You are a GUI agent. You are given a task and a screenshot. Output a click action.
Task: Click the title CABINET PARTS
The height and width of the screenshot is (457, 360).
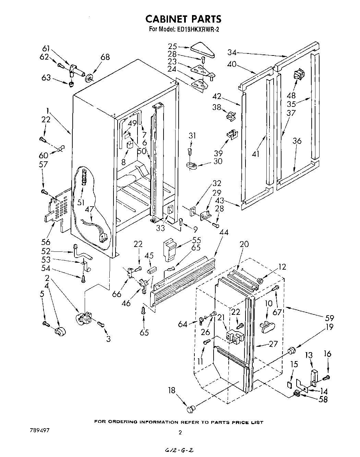click(x=183, y=18)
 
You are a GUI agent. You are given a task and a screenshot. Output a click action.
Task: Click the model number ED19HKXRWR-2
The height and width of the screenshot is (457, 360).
click(x=199, y=29)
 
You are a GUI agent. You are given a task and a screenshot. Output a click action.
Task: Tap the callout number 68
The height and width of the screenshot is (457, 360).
click(x=105, y=57)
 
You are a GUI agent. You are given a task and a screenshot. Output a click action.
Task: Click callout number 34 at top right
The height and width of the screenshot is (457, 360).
click(x=232, y=52)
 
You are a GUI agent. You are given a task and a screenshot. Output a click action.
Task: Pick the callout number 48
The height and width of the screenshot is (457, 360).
click(x=291, y=96)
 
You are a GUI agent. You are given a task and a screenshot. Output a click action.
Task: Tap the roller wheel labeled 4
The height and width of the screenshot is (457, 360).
click(x=60, y=332)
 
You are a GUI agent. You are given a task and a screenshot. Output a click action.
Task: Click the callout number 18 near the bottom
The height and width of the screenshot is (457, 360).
click(x=171, y=390)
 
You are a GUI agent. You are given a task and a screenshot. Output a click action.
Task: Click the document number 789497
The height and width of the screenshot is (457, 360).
click(x=38, y=430)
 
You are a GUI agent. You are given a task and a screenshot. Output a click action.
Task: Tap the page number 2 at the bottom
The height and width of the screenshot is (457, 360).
click(x=180, y=433)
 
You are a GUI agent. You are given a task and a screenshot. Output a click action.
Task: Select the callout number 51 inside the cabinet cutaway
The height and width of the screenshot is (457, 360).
click(x=81, y=202)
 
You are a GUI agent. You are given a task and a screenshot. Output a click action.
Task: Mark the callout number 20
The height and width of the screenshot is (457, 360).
click(x=244, y=244)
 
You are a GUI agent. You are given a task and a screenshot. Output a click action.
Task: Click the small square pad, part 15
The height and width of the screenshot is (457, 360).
click(x=290, y=384)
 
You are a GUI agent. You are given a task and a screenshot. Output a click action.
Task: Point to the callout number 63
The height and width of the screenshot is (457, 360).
click(x=47, y=78)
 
